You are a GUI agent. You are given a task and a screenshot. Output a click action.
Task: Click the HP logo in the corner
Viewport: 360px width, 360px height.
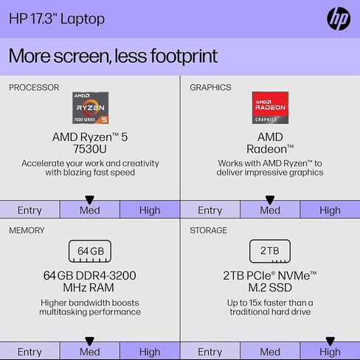pos(338,19)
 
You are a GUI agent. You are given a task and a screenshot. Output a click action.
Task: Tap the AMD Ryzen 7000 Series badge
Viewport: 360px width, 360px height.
pos(89,108)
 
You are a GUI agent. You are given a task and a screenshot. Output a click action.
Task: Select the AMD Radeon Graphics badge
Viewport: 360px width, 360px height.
pos(270,108)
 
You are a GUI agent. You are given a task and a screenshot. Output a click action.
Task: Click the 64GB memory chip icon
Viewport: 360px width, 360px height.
pos(90,251)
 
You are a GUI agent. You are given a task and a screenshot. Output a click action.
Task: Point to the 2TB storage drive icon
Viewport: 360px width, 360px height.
pos(270,251)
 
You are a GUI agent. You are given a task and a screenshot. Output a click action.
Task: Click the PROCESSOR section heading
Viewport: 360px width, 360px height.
pos(34,87)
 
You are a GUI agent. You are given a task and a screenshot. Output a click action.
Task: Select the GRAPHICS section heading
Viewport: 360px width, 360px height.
pos(210,87)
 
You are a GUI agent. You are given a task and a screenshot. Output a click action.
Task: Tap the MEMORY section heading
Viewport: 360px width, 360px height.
pos(27,230)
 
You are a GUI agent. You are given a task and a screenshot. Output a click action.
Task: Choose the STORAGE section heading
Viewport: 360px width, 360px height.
pos(209,230)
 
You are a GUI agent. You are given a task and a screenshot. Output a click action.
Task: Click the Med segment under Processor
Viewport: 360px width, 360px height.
pos(90,210)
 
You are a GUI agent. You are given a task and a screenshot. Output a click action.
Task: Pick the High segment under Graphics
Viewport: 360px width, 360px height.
pos(330,210)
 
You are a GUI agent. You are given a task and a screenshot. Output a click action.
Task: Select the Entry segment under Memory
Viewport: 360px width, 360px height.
pos(30,352)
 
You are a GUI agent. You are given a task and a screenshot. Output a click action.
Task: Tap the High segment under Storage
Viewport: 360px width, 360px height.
pos(330,352)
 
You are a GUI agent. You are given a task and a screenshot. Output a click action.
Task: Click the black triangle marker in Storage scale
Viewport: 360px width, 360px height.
pos(330,342)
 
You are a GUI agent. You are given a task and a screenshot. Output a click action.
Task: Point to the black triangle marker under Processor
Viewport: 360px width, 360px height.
pos(90,199)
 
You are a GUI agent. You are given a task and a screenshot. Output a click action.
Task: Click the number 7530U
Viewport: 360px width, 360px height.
pos(90,149)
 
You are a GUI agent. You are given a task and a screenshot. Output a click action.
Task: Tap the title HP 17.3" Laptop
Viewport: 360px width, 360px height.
pos(57,18)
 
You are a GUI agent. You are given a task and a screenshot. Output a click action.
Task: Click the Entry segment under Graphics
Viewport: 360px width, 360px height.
pos(210,210)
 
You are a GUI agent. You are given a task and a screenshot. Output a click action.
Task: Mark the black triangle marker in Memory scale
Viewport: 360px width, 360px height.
pos(90,342)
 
